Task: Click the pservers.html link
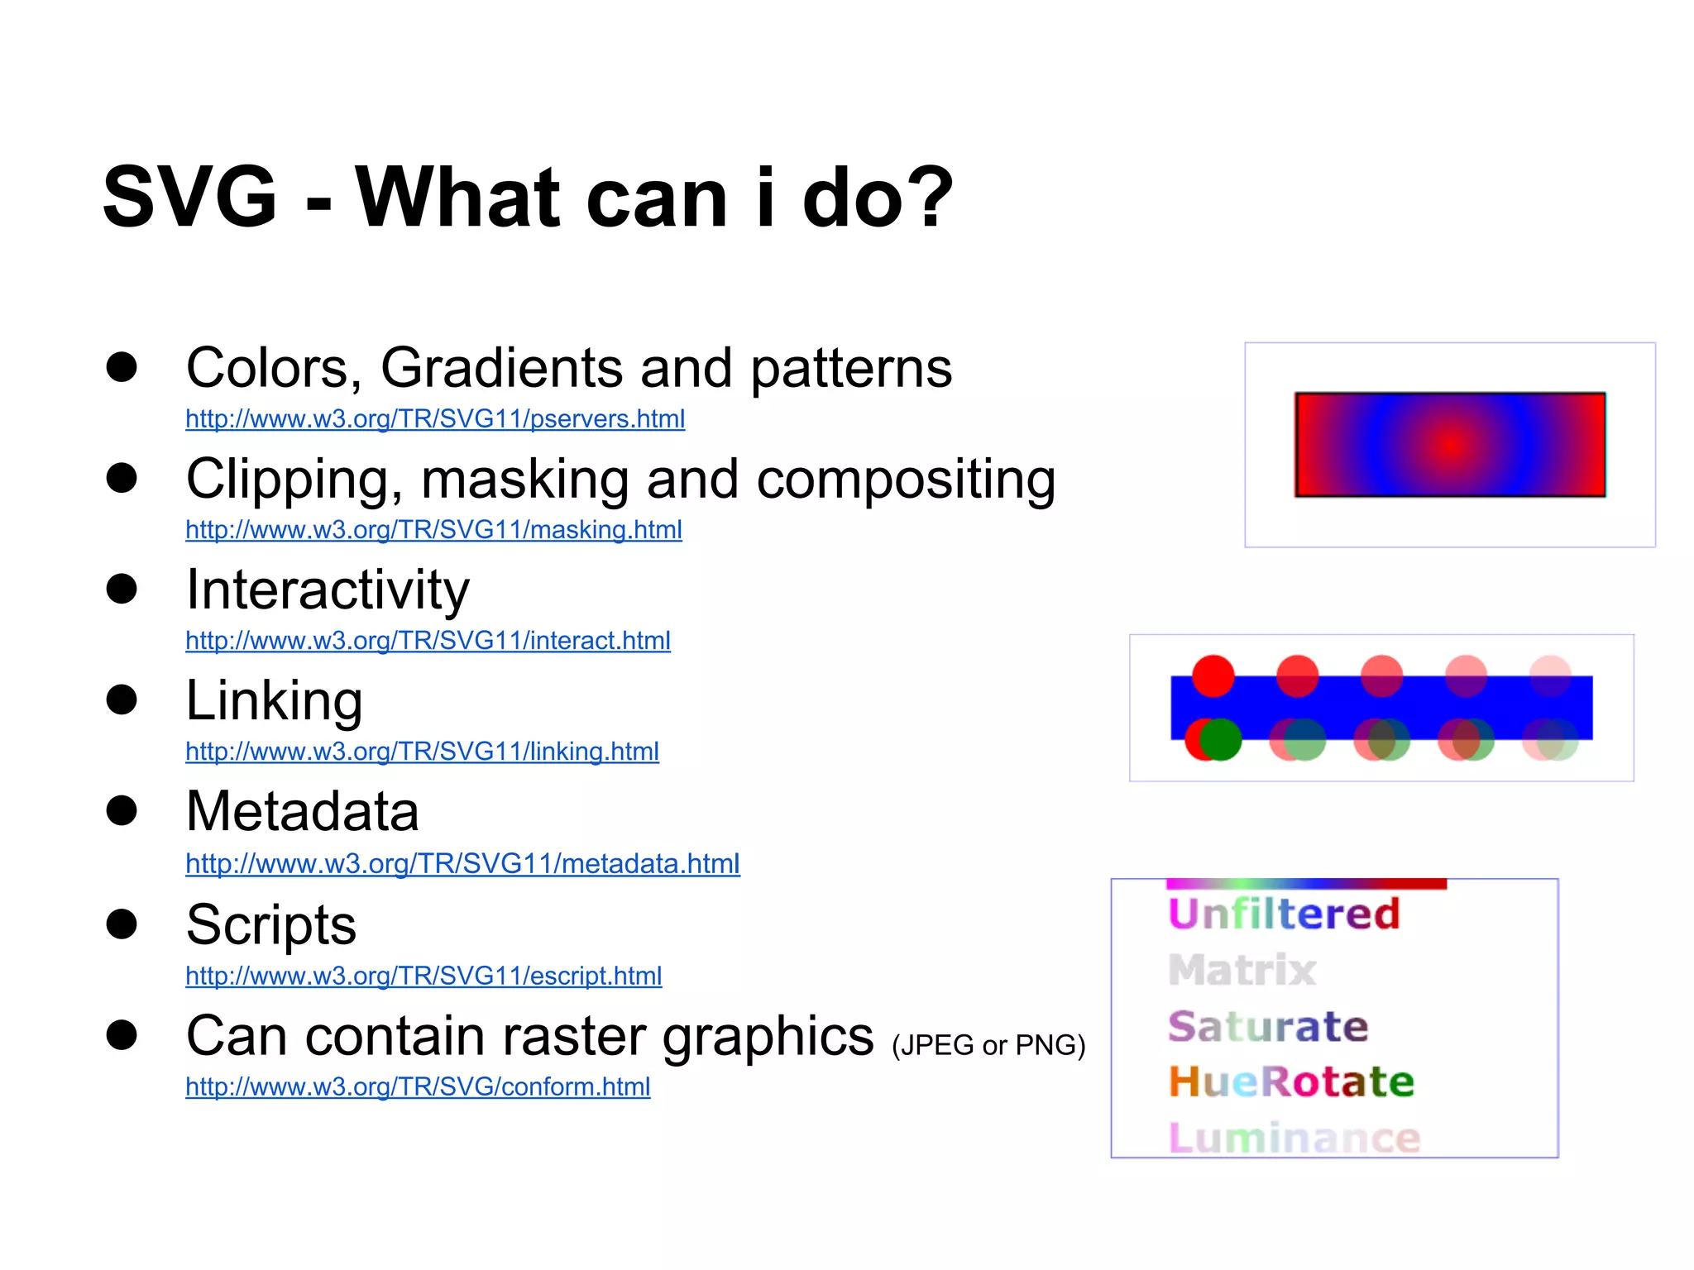pyautogui.click(x=435, y=419)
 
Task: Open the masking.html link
pyautogui.click(x=433, y=530)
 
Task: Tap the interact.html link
pyautogui.click(x=428, y=641)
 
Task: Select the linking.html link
pyautogui.click(x=422, y=752)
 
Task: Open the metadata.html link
pyautogui.click(x=462, y=864)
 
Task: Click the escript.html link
pyautogui.click(x=423, y=976)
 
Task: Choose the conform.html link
pyautogui.click(x=418, y=1087)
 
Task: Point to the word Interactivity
pyautogui.click(x=328, y=590)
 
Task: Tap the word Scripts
pyautogui.click(x=271, y=924)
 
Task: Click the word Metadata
pyautogui.click(x=303, y=812)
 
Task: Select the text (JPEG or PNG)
pyautogui.click(x=988, y=1046)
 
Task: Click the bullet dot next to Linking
pyautogui.click(x=122, y=699)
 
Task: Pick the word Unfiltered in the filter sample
pyautogui.click(x=1284, y=914)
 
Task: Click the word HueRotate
pyautogui.click(x=1291, y=1082)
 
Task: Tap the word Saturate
pyautogui.click(x=1268, y=1027)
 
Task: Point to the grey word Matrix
pyautogui.click(x=1242, y=971)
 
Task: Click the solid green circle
pyautogui.click(x=1221, y=739)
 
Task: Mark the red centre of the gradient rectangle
pyautogui.click(x=1450, y=445)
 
